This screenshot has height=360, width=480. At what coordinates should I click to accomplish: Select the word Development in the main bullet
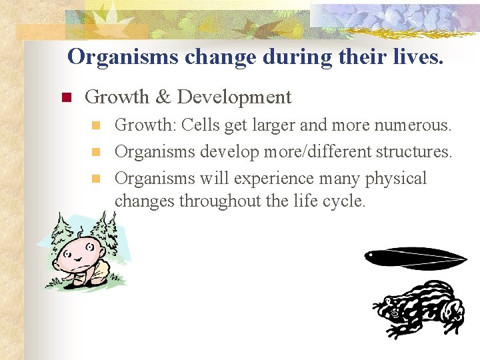(234, 97)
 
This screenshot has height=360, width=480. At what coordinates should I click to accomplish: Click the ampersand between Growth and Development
(163, 97)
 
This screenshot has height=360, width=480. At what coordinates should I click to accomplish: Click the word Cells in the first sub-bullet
(201, 125)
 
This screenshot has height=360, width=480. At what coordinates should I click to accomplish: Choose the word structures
(413, 152)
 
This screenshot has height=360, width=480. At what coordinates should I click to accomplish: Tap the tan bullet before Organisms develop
(96, 152)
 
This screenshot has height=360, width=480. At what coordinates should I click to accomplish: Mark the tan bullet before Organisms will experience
(96, 179)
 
